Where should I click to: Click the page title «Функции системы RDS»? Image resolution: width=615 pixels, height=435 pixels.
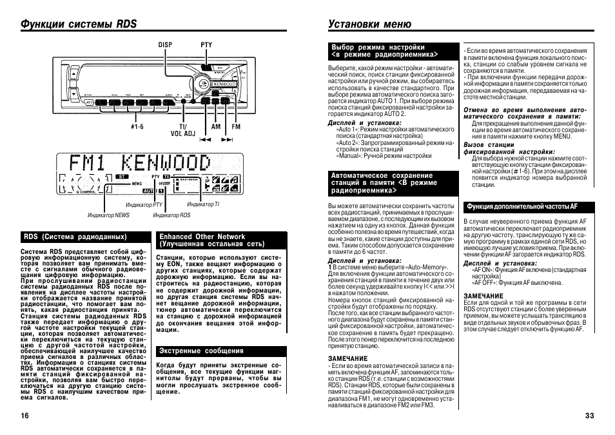[x=79, y=24]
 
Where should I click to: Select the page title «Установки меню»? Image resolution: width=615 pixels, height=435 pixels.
[x=369, y=24]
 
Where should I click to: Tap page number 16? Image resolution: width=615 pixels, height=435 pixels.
[x=25, y=416]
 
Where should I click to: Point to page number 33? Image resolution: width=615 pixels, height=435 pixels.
[x=589, y=416]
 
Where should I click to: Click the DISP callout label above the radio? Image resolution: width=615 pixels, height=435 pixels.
[x=166, y=45]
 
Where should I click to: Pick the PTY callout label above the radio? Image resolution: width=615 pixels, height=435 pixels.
[x=206, y=45]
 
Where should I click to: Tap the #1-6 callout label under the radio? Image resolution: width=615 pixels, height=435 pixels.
[x=137, y=127]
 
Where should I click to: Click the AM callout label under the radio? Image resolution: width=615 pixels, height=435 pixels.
[x=216, y=127]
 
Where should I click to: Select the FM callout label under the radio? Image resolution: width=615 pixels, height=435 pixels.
[x=236, y=127]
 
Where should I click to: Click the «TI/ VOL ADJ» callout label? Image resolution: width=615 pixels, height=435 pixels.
[x=182, y=130]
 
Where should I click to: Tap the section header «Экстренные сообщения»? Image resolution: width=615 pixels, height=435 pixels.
[x=202, y=351]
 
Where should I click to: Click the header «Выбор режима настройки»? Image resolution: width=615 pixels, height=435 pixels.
[x=378, y=47]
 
